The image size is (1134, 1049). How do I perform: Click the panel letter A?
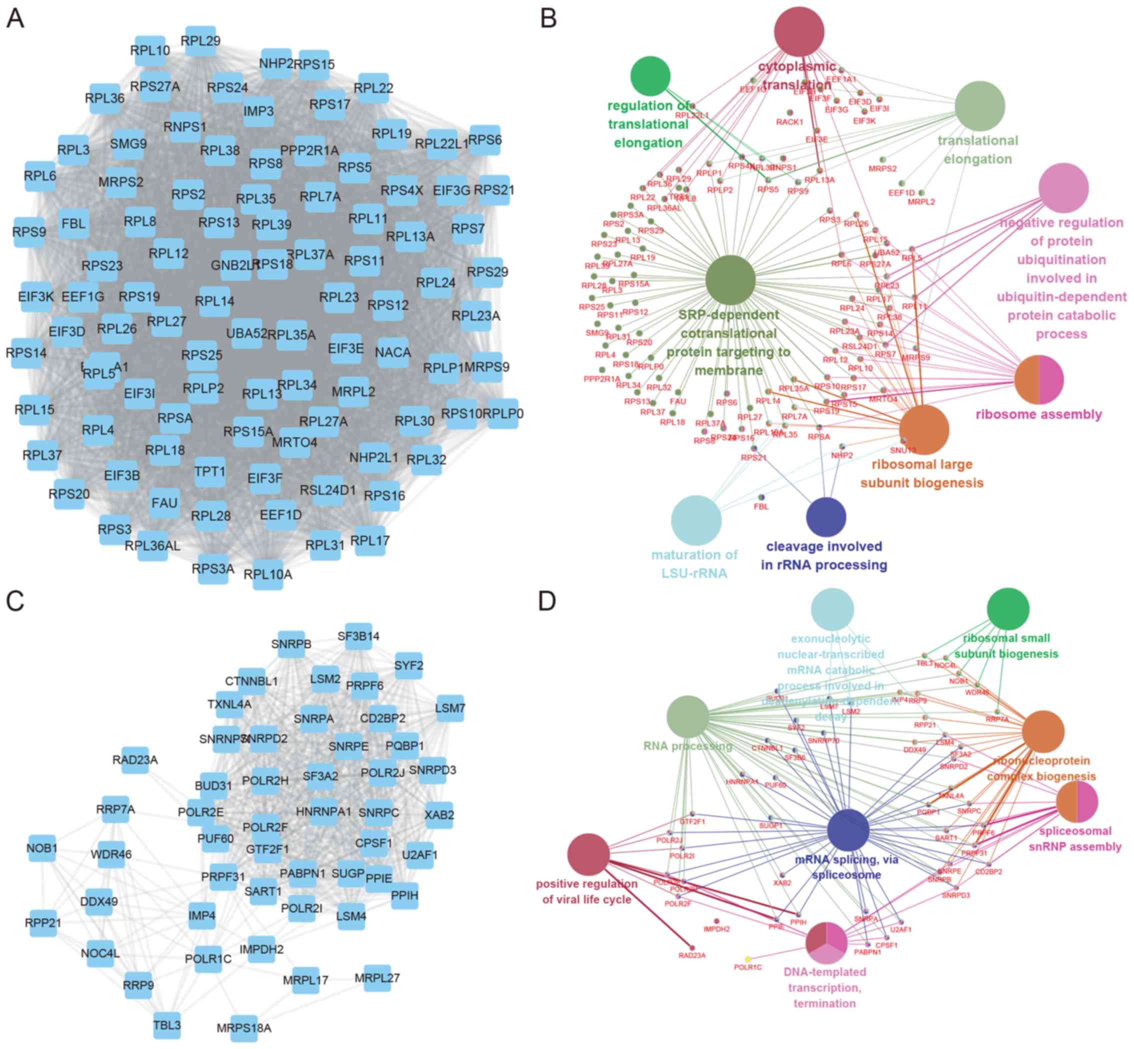coord(15,18)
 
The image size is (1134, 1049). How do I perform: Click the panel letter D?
coord(546,601)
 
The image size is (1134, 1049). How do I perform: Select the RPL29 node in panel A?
coord(200,41)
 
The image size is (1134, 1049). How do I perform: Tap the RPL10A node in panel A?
coord(268,574)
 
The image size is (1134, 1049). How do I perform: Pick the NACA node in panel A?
coord(393,352)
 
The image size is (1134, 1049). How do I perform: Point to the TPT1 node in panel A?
coord(210,471)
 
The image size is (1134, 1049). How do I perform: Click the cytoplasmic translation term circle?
coord(798,32)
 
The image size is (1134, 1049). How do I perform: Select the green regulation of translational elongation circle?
coord(650,76)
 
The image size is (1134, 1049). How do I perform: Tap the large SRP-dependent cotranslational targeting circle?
coord(730,280)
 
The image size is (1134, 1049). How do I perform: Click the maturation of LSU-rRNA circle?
coord(696,520)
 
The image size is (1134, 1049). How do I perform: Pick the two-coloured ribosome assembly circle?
coord(1038,379)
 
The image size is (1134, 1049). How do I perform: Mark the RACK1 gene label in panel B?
coord(789,121)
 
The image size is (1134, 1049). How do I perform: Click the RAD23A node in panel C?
coord(135,760)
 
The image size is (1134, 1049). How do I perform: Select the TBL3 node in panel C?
coord(167,1025)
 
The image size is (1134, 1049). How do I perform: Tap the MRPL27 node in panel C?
coord(377,978)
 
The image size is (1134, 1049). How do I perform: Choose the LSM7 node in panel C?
coord(450,708)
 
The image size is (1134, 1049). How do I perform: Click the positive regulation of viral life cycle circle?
coord(588,854)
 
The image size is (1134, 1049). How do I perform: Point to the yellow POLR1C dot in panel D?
coord(748,958)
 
